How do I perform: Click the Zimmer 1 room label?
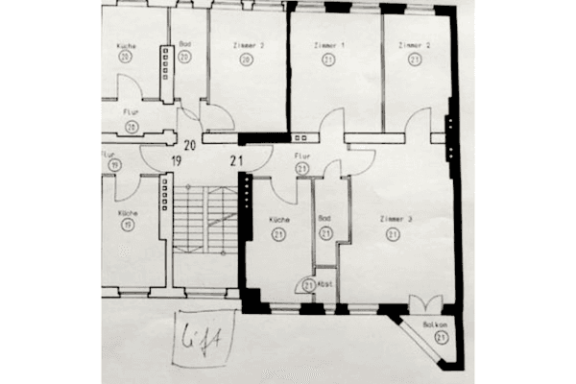pos(329,45)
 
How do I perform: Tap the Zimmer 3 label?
pos(396,220)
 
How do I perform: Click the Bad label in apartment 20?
pos(184,44)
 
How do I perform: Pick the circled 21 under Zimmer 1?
pos(329,59)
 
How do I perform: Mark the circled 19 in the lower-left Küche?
pos(127,225)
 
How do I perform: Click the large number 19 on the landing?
pos(177,160)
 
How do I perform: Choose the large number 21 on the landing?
pos(237,160)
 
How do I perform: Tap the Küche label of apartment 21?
pos(279,219)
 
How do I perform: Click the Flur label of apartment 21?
pos(301,155)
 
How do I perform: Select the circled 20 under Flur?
pos(131,126)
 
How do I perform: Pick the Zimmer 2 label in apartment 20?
pos(247,45)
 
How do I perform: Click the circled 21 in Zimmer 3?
pos(396,234)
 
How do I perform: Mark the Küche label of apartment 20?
pos(126,45)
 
